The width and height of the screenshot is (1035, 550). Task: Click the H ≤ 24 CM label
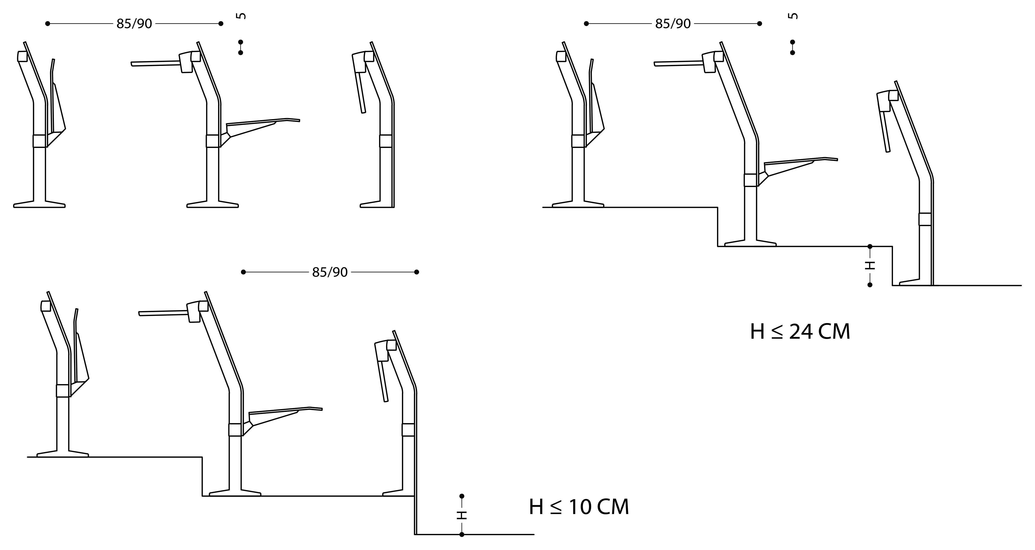click(x=800, y=332)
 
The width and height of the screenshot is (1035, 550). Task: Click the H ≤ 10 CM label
click(x=579, y=507)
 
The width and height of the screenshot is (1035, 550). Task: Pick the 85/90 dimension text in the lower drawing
click(x=330, y=272)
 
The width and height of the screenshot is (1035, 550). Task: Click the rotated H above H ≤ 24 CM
click(x=870, y=265)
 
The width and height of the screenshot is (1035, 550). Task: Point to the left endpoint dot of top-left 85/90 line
click(x=47, y=24)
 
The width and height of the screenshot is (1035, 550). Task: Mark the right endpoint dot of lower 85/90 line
click(x=417, y=272)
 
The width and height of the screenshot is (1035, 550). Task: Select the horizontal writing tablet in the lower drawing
click(x=163, y=313)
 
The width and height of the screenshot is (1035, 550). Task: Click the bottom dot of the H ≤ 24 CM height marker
click(x=870, y=285)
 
